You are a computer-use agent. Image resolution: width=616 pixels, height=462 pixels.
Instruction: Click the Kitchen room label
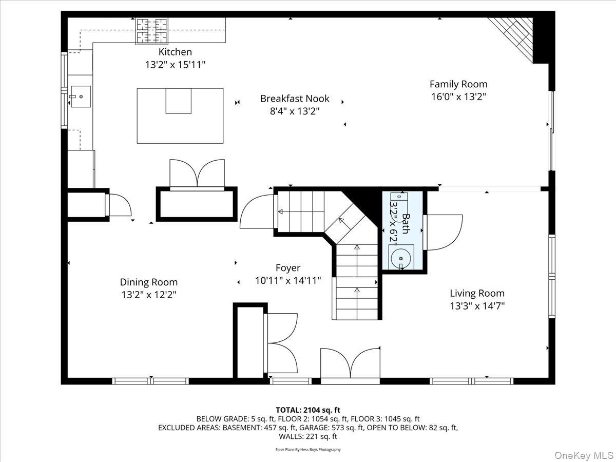tap(175, 52)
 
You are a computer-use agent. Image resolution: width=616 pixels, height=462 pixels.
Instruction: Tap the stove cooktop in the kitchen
tap(152, 31)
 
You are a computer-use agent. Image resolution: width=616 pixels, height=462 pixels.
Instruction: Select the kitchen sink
tap(81, 97)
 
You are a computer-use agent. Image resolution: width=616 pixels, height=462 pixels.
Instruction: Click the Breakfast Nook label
tap(295, 99)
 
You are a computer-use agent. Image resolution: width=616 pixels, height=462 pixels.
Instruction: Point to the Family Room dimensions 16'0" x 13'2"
tap(458, 97)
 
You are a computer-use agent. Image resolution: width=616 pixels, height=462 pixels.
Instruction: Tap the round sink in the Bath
tap(401, 258)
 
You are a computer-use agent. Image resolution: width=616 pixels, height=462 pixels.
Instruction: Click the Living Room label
tap(477, 293)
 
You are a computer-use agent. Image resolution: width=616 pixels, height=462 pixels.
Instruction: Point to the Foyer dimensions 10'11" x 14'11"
tap(288, 280)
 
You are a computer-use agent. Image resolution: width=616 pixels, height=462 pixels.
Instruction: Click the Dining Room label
tap(149, 282)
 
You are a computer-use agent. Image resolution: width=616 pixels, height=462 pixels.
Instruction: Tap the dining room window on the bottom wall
tap(150, 381)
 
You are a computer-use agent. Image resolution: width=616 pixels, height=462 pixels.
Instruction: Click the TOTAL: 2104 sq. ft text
tap(308, 410)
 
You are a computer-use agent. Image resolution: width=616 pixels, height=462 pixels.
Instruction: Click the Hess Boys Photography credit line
tap(308, 449)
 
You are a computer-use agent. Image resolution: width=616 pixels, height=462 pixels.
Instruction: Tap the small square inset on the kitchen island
tap(179, 101)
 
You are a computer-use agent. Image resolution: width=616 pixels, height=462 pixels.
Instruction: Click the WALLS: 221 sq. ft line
tap(308, 436)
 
